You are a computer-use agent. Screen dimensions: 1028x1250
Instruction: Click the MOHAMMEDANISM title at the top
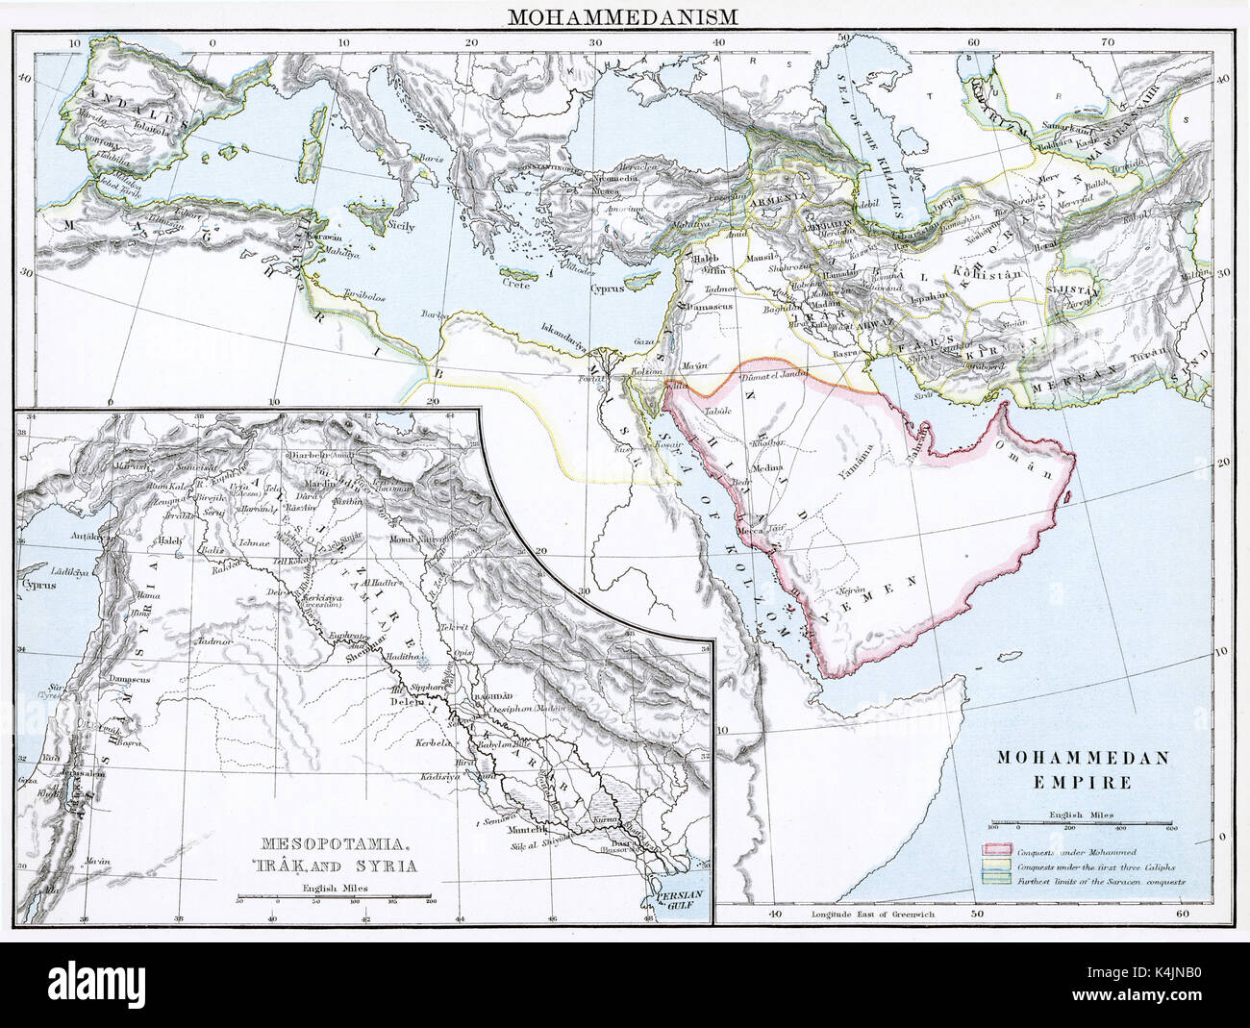[x=625, y=16]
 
